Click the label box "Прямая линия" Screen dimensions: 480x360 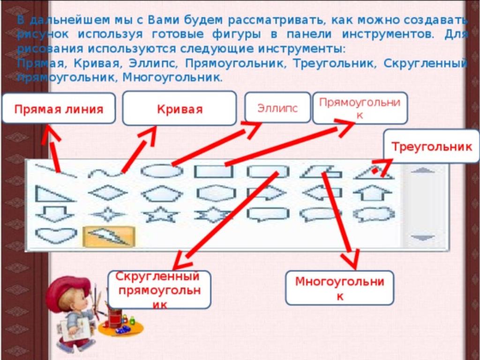(59, 108)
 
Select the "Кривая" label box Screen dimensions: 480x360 (180, 108)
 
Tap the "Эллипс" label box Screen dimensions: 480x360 (277, 107)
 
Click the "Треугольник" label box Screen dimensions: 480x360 (432, 146)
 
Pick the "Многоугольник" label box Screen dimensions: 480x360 (339, 288)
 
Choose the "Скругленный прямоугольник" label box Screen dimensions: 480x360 (159, 290)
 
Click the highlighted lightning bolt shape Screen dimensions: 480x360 (109, 236)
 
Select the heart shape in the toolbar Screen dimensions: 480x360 (56, 235)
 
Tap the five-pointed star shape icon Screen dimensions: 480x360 (161, 214)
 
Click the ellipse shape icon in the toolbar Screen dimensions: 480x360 (162, 171)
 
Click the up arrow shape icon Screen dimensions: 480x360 (372, 193)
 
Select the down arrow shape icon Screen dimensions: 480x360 (55, 214)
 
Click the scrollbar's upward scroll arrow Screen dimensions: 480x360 (422, 170)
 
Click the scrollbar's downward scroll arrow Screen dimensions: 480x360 (423, 237)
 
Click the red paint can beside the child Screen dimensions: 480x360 (115, 317)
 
